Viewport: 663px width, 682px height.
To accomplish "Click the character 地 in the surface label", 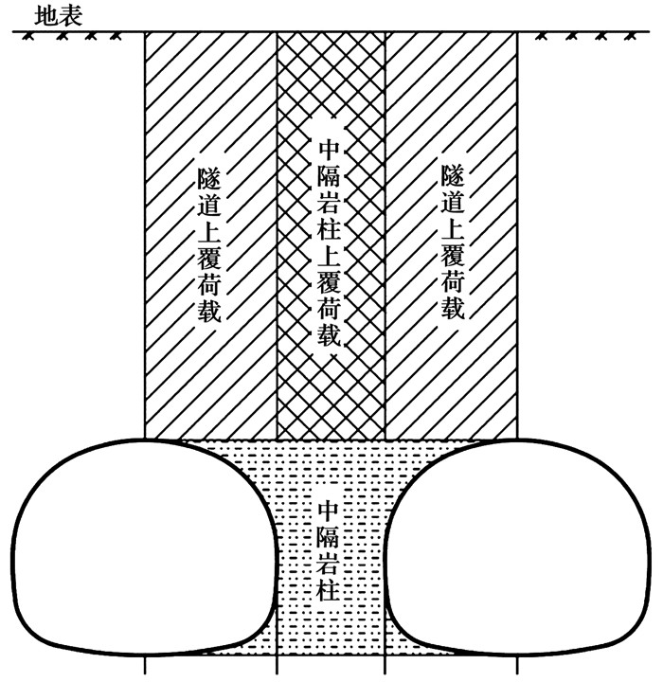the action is (45, 16).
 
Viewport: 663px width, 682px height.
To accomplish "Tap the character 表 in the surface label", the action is (70, 16).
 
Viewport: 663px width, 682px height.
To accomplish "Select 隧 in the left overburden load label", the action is (209, 179).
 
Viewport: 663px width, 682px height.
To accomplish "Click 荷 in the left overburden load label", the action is (209, 284).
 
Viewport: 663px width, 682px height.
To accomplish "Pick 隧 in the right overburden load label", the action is (453, 176).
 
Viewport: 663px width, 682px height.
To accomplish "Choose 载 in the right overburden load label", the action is (453, 308).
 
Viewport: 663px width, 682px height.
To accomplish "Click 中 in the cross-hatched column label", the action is (329, 150).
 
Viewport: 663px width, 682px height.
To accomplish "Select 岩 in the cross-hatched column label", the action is (329, 203).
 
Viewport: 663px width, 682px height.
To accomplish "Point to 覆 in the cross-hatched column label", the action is (329, 281).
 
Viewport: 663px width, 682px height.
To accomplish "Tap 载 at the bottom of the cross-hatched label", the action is (329, 334).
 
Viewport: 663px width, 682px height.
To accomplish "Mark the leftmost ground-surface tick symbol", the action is (28, 37).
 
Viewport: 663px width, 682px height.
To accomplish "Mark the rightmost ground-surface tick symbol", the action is (630, 37).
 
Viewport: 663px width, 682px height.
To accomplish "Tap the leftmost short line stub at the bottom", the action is (145, 666).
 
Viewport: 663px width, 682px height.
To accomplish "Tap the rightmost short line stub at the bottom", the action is (518, 666).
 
